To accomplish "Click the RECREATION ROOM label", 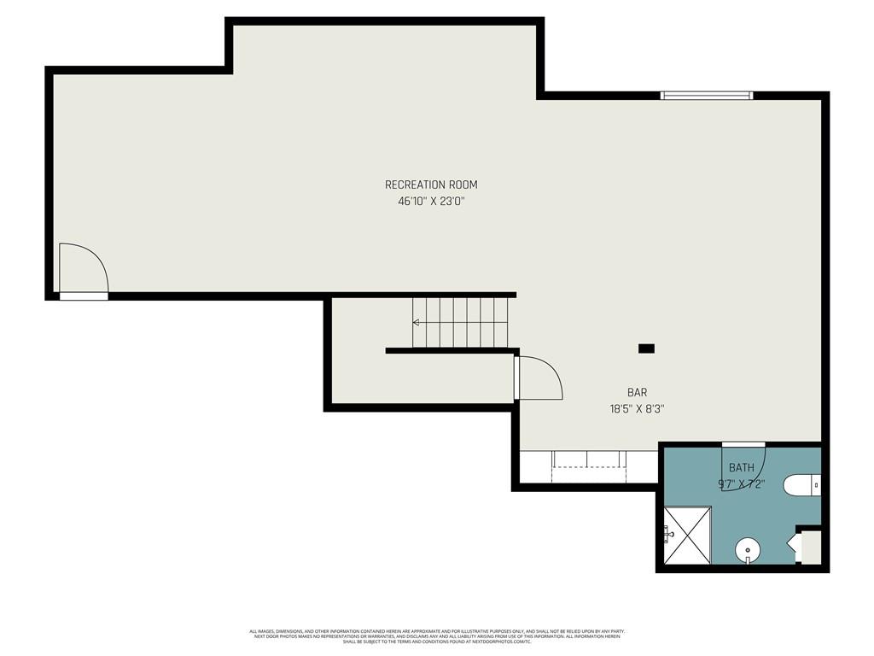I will tap(430, 184).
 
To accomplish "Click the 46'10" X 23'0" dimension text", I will tap(430, 202).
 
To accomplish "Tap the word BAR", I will tap(637, 393).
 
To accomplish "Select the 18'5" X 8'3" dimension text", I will tap(637, 409).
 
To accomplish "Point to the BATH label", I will tap(741, 468).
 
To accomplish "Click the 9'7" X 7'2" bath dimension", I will tap(741, 484).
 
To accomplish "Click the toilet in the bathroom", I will tap(799, 485).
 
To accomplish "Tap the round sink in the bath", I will tap(748, 550).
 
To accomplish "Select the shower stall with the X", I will tap(688, 536).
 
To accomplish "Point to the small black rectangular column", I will tap(646, 348).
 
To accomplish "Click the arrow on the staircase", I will tap(417, 323).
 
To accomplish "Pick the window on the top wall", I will tap(706, 96).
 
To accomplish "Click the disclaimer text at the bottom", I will tap(437, 636).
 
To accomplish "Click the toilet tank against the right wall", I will tap(816, 485).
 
